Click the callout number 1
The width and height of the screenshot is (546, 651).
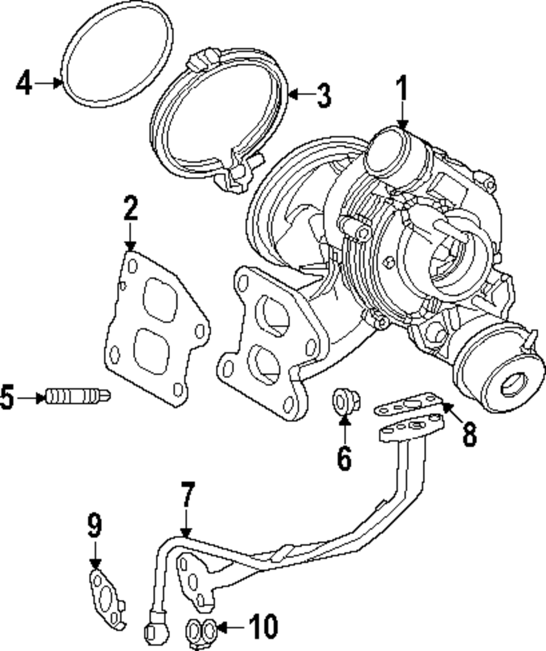pos(402,89)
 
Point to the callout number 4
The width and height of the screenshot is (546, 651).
pos(24,83)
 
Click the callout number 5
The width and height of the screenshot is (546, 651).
pos(8,397)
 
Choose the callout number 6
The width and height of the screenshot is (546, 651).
pos(344,457)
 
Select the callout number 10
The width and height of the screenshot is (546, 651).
pos(263,627)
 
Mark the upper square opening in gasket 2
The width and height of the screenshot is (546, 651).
pos(160,300)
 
